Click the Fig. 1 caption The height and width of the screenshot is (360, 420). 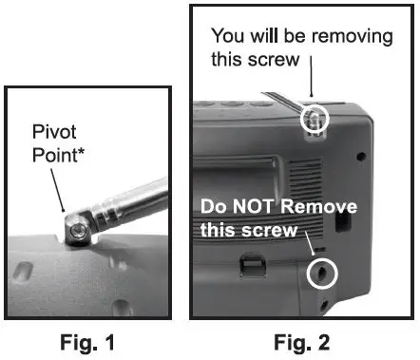(x=90, y=343)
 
